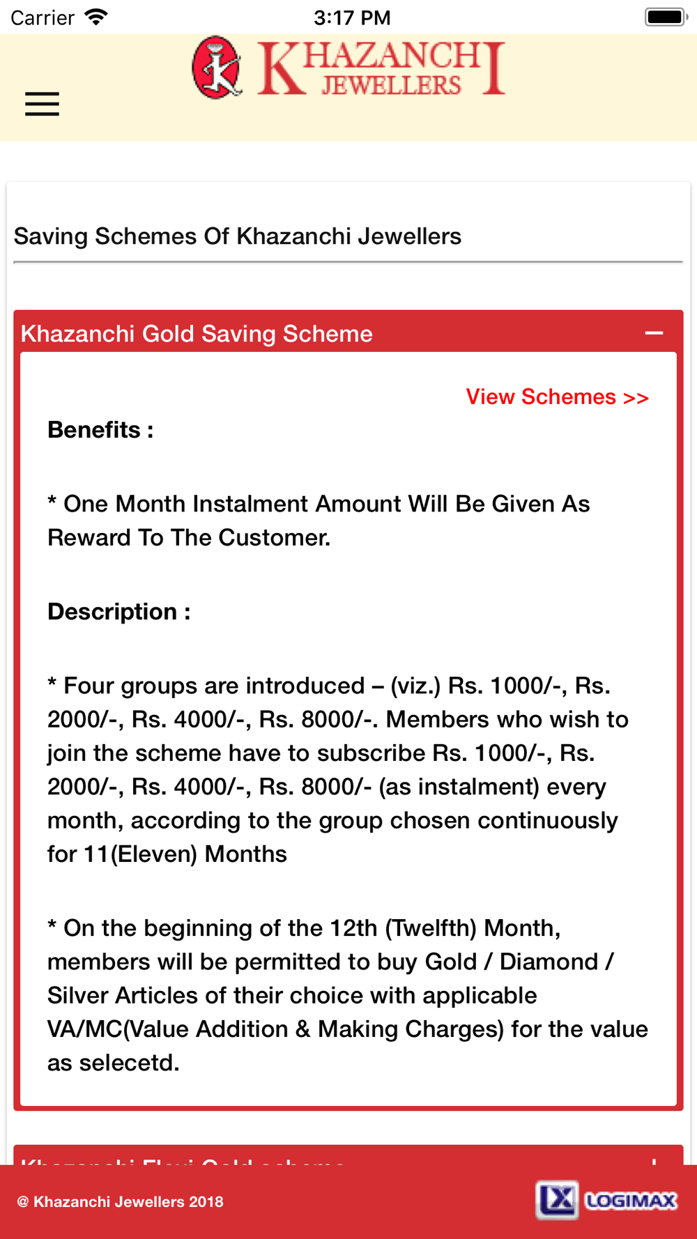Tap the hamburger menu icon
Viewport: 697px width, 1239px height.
[x=42, y=104]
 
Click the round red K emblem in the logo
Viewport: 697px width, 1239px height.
[x=217, y=68]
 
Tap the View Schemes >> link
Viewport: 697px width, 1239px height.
[x=557, y=397]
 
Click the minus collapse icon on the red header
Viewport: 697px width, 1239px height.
[x=654, y=333]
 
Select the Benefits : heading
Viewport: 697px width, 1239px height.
[x=100, y=430]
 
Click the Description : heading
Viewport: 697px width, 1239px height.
[x=118, y=612]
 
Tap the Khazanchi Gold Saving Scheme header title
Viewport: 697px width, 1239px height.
[x=197, y=334]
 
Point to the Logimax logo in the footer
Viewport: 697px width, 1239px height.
[x=606, y=1200]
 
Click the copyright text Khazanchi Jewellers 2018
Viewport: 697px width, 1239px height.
[x=121, y=1201]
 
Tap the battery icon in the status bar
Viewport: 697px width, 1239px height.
[x=666, y=17]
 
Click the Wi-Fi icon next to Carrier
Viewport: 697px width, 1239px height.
[x=96, y=17]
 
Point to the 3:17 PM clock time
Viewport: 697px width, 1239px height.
[x=352, y=17]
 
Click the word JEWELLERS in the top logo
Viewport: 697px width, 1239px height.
[x=391, y=86]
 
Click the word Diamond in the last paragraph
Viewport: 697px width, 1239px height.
[x=549, y=962]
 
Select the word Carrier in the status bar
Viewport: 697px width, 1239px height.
[x=42, y=17]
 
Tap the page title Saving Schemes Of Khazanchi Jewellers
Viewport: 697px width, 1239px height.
[x=238, y=236]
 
